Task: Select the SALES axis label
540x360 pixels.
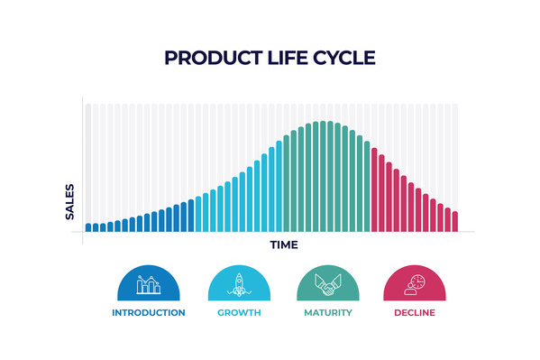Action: click(x=70, y=202)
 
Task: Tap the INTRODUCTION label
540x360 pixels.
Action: click(x=149, y=313)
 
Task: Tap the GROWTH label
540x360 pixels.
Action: click(x=239, y=313)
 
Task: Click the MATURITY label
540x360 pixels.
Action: click(x=327, y=313)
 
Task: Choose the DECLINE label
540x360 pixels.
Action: click(x=415, y=313)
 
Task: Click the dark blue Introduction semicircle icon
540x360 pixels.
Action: click(x=149, y=285)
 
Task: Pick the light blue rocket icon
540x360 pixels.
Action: click(x=239, y=285)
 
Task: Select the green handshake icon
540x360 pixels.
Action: click(x=327, y=285)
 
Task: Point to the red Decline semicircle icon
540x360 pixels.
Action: click(x=415, y=285)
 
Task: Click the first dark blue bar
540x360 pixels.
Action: click(x=88, y=227)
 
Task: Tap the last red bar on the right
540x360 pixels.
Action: click(x=455, y=222)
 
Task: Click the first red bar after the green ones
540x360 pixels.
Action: click(x=374, y=190)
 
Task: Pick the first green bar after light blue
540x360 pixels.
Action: click(x=287, y=184)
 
